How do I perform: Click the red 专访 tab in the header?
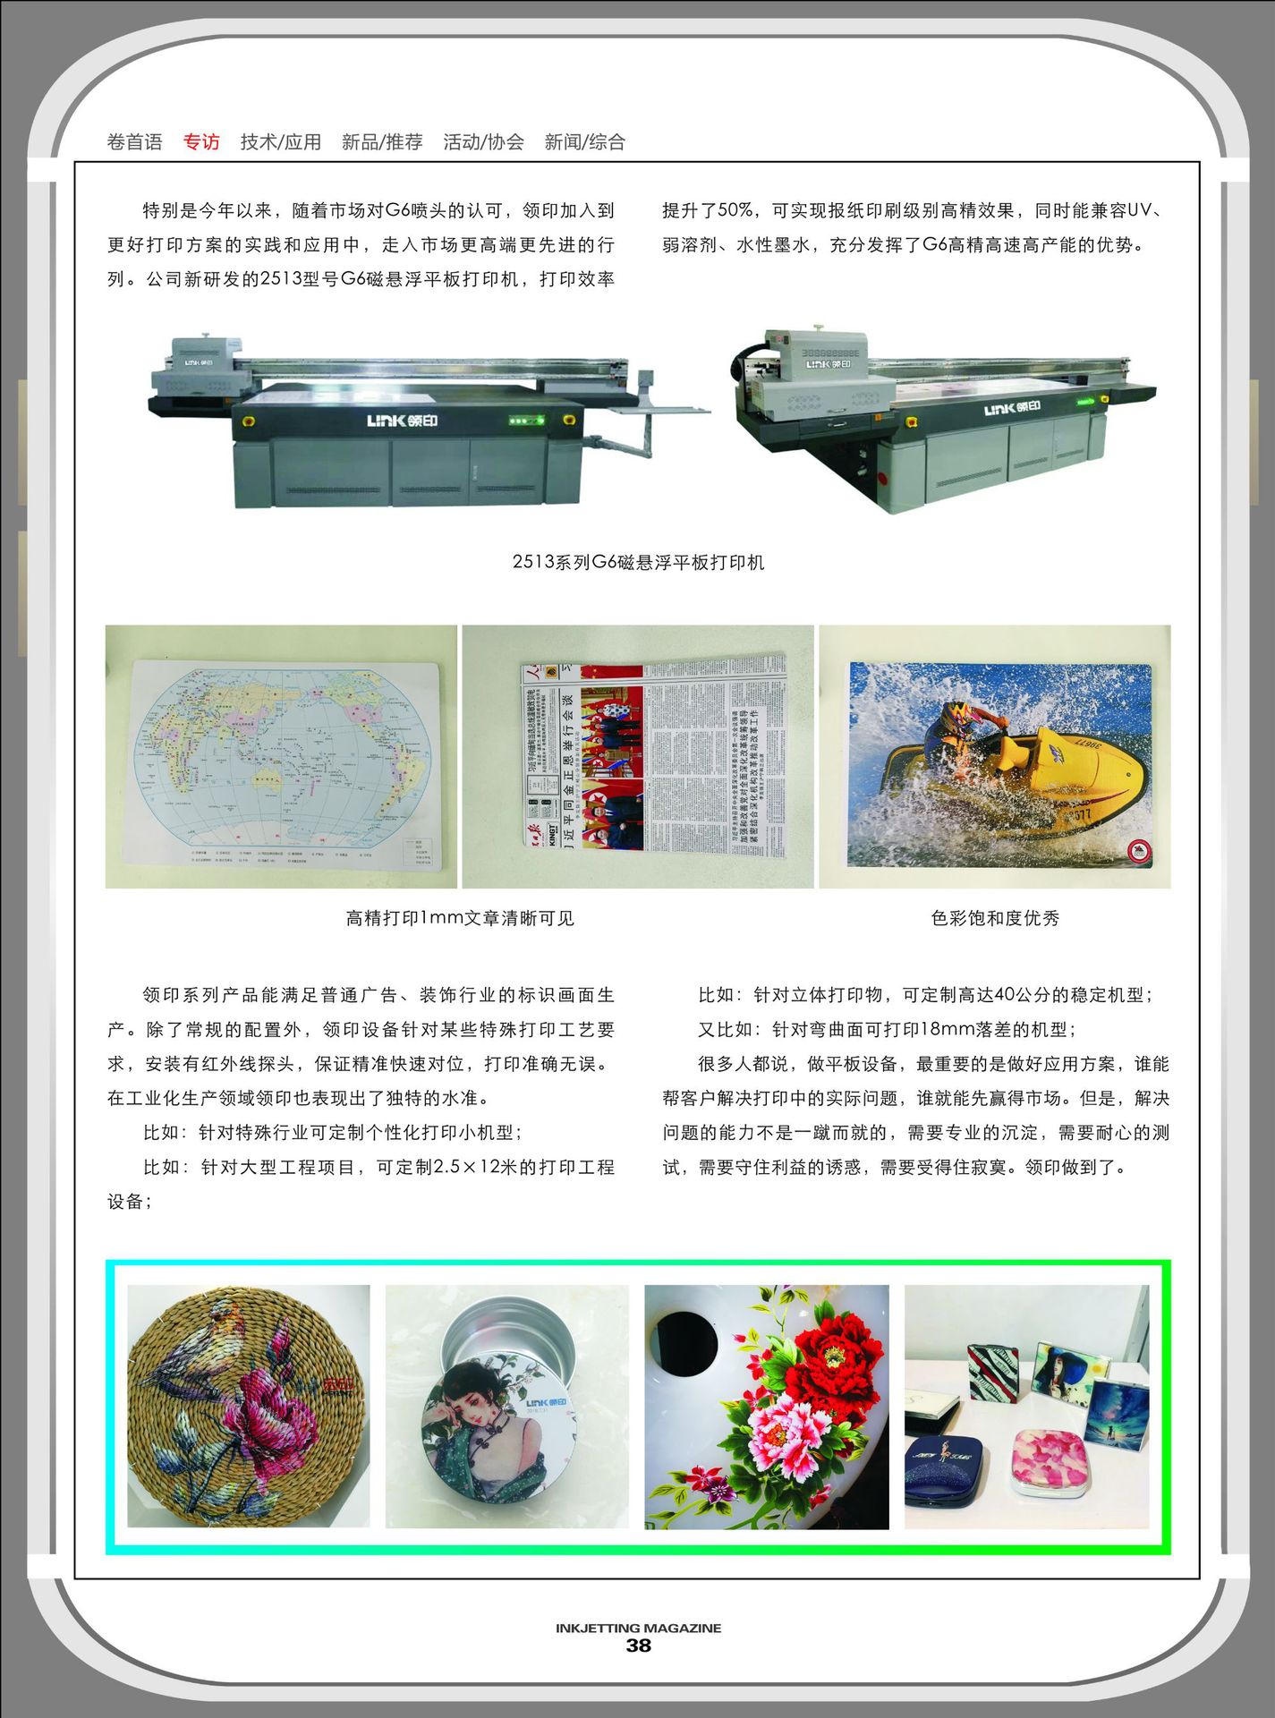coord(201,141)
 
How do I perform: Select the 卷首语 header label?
coord(134,141)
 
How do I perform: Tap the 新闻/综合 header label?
coord(584,141)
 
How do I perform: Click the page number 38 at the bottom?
coord(638,1646)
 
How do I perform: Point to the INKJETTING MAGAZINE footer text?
coord(638,1628)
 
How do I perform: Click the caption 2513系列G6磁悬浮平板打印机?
coord(638,562)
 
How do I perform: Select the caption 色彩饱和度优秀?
coord(994,918)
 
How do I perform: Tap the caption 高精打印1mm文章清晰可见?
coord(459,918)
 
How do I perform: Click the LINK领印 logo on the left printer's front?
coord(402,421)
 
